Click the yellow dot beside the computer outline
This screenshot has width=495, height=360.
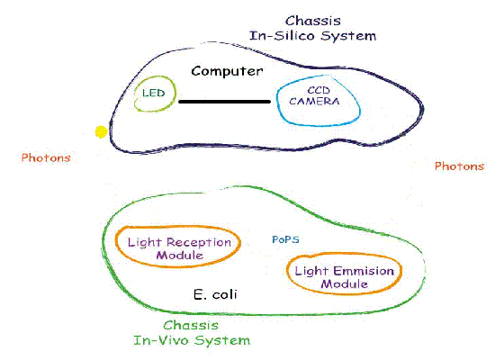[101, 132]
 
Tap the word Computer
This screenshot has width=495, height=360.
[227, 72]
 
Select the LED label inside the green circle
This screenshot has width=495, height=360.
[154, 93]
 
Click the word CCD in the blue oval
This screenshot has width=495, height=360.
[319, 90]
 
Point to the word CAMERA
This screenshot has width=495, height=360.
[314, 101]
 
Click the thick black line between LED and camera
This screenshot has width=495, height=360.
[224, 102]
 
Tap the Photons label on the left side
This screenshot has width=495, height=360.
[46, 157]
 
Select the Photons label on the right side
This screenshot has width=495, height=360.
[459, 166]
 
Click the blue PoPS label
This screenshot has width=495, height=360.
[285, 239]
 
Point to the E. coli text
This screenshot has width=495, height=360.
[215, 294]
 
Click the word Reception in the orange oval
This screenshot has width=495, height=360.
[199, 243]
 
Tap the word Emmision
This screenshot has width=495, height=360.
[364, 271]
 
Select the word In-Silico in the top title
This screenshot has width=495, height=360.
[283, 36]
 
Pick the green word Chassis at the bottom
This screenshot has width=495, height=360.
[191, 325]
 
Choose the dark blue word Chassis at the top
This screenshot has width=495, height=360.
[313, 21]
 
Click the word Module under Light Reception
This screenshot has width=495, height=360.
[180, 256]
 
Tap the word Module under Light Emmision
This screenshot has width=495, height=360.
[345, 283]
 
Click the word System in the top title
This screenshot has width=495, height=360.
[348, 36]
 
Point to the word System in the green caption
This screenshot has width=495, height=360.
[222, 341]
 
